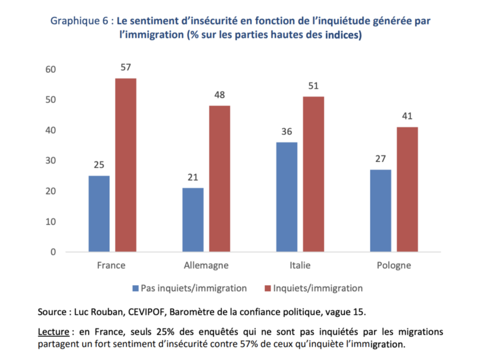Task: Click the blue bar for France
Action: [99, 214]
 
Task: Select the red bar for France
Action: [125, 165]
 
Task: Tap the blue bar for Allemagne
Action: [193, 220]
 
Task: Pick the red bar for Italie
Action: [313, 174]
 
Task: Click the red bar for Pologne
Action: [407, 189]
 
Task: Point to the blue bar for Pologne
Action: [380, 210]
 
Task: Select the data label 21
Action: [193, 178]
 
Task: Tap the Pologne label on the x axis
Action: [394, 266]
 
